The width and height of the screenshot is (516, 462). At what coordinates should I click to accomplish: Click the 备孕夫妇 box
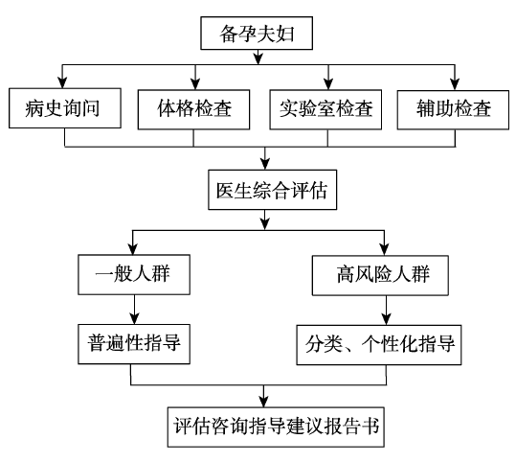pyautogui.click(x=257, y=34)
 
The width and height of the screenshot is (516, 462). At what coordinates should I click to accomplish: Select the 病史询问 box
pyautogui.click(x=65, y=108)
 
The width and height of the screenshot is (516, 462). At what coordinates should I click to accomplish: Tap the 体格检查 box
pyautogui.click(x=193, y=109)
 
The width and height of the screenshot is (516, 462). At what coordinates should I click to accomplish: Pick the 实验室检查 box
pyautogui.click(x=325, y=109)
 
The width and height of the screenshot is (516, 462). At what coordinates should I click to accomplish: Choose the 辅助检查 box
pyautogui.click(x=453, y=109)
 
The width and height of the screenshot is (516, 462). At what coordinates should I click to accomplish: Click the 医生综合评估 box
pyautogui.click(x=273, y=190)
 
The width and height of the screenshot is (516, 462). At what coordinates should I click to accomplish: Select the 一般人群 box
pyautogui.click(x=134, y=274)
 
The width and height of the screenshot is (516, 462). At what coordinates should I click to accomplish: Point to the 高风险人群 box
pyautogui.click(x=380, y=275)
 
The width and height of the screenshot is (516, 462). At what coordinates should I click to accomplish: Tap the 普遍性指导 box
pyautogui.click(x=134, y=344)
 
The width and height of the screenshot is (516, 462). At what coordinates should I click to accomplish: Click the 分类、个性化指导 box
pyautogui.click(x=379, y=345)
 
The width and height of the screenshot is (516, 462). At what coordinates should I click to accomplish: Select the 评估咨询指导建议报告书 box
pyautogui.click(x=276, y=427)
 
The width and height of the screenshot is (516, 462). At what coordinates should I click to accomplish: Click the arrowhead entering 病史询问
pyautogui.click(x=62, y=82)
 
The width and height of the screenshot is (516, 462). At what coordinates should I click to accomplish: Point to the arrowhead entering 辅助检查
pyautogui.click(x=455, y=84)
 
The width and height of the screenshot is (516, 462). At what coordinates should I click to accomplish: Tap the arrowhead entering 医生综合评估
pyautogui.click(x=265, y=164)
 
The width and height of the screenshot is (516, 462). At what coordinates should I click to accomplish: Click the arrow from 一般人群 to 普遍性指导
pyautogui.click(x=134, y=310)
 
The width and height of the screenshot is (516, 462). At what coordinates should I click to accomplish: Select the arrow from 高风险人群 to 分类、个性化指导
pyautogui.click(x=387, y=311)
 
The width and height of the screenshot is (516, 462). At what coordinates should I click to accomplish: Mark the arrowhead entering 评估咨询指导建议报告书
pyautogui.click(x=263, y=402)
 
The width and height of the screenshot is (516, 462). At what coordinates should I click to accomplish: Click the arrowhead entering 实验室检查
pyautogui.click(x=328, y=83)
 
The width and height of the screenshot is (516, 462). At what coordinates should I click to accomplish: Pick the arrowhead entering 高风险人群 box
pyautogui.click(x=385, y=249)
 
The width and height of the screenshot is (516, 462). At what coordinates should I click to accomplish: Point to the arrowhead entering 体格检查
pyautogui.click(x=195, y=83)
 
